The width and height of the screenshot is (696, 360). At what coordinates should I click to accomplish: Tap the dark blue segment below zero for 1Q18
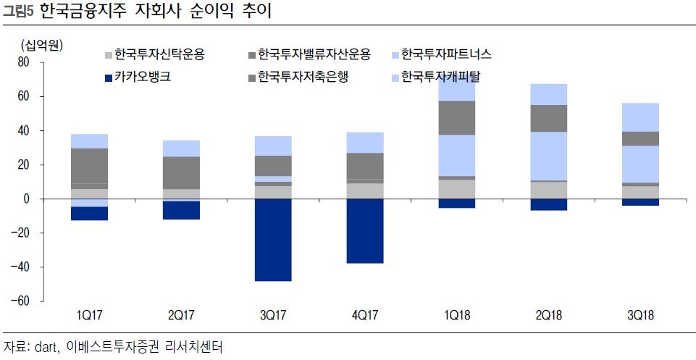[456, 204]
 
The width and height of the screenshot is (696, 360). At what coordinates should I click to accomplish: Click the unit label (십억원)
[42, 45]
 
